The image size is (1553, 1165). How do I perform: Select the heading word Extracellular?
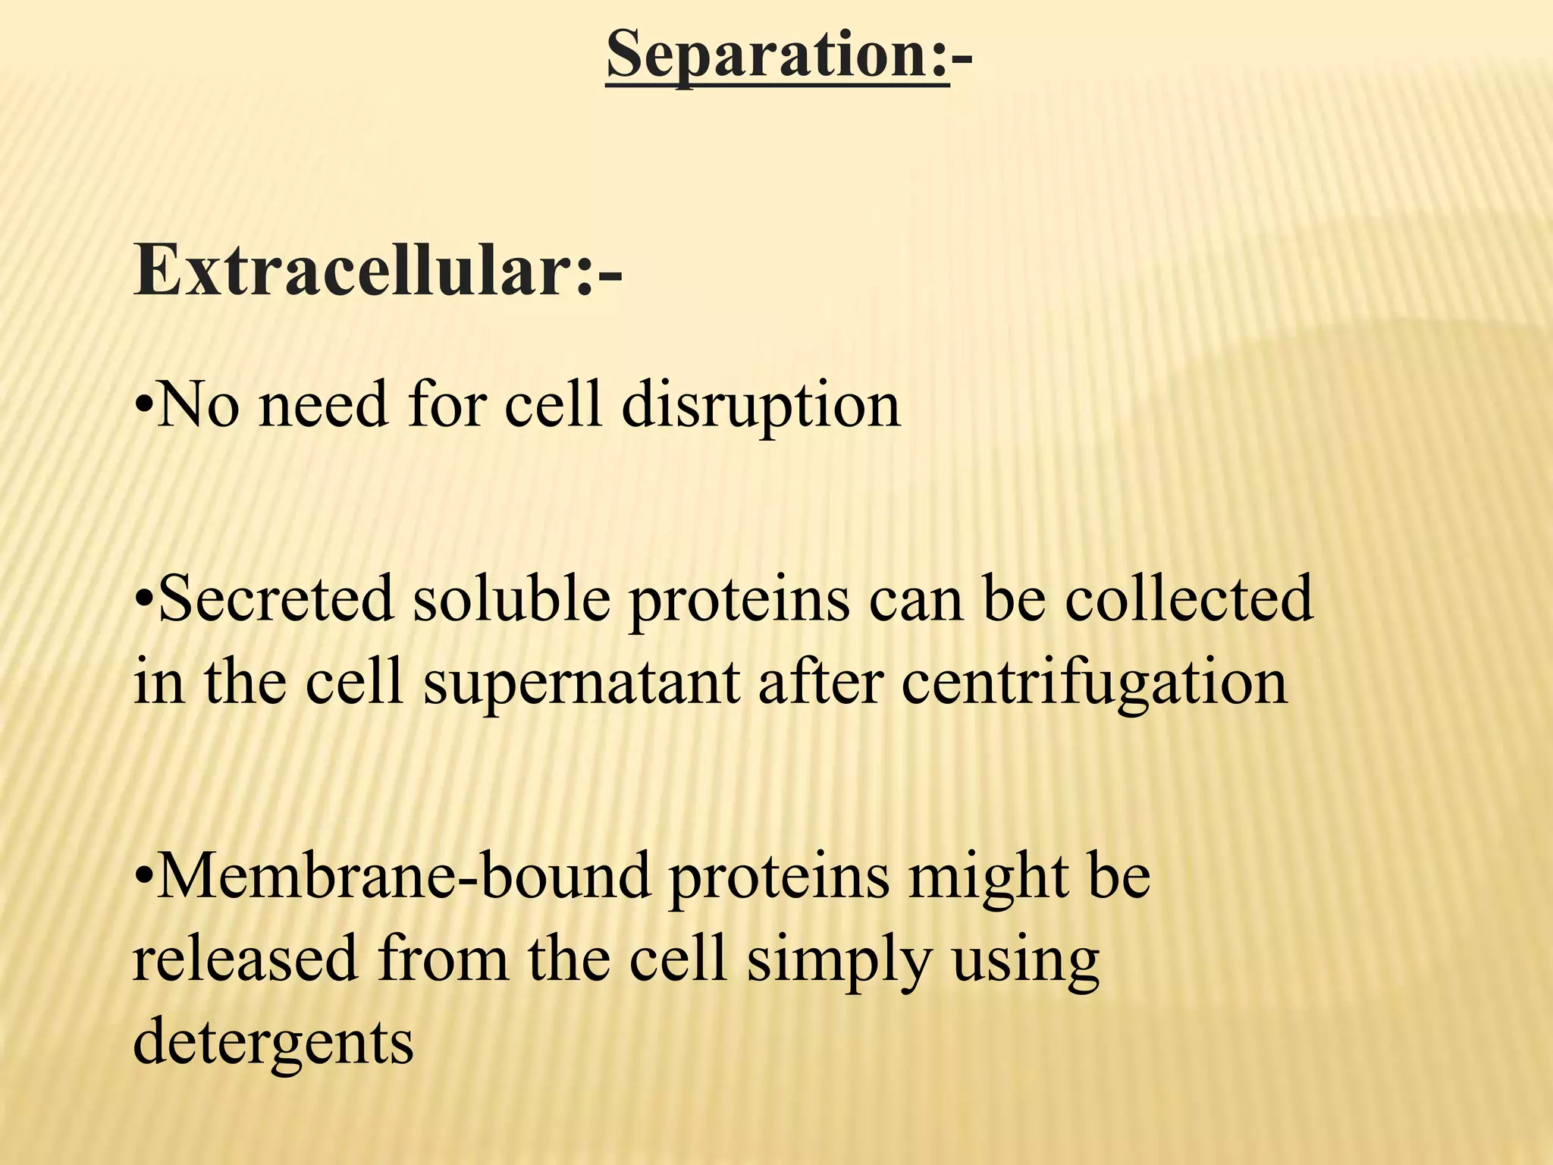point(353,271)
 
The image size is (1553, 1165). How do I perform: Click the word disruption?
point(761,406)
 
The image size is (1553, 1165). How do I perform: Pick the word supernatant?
point(582,683)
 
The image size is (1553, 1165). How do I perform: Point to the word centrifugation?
point(1095,683)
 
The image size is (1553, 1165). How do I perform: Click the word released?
point(245,958)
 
